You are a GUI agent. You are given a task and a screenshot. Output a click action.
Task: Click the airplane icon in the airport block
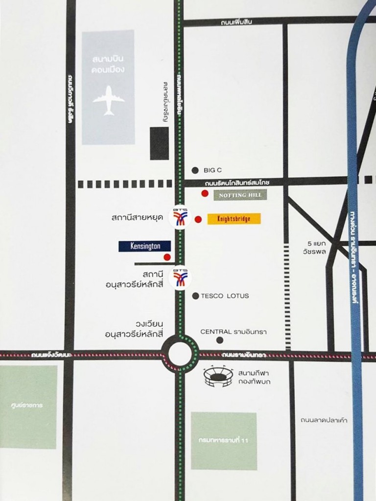108,100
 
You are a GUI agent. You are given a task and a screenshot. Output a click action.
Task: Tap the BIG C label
213,170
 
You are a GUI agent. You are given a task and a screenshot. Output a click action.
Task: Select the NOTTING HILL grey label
241,195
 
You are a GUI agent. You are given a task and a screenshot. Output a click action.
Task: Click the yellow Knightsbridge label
234,219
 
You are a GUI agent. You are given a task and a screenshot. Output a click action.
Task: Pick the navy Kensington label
144,246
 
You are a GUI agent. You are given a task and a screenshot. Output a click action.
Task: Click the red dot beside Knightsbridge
198,220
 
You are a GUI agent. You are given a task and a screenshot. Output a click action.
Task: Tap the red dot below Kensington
167,257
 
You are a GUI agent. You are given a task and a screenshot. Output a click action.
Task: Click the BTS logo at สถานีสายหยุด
180,217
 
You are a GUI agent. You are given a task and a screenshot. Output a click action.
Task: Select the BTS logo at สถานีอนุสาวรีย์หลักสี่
180,278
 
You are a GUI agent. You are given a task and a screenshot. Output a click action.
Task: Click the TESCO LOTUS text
225,296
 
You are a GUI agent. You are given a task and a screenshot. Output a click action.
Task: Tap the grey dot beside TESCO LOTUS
195,296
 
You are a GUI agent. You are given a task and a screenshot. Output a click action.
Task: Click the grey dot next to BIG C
195,170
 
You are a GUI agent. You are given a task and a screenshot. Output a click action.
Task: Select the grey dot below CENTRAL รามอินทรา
219,340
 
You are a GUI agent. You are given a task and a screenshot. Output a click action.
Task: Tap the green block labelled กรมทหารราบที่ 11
224,441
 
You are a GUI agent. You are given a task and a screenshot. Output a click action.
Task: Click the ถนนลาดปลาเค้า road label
324,420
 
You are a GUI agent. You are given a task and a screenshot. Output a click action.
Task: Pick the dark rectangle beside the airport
159,143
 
